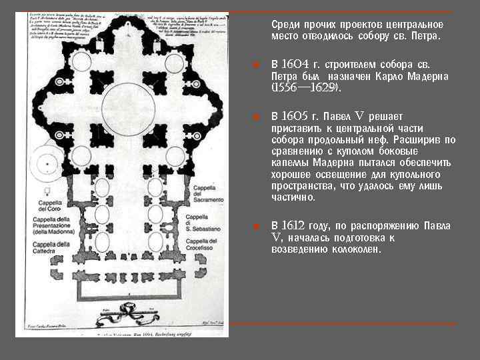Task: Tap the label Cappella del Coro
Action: pyautogui.click(x=50, y=206)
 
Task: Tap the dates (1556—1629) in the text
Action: pyautogui.click(x=306, y=87)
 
